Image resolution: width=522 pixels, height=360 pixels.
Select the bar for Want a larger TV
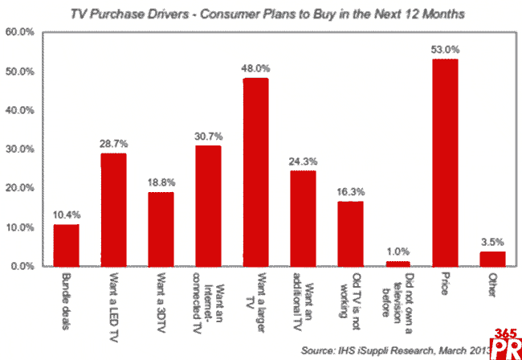tap(255, 172)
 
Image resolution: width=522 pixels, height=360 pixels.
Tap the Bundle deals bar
tap(66, 244)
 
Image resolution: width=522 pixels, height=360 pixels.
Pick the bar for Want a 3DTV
tap(161, 228)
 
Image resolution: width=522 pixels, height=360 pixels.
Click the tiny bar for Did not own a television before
tap(398, 263)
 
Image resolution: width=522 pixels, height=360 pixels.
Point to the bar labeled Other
tap(492, 258)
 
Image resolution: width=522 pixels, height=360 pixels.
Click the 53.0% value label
tap(445, 50)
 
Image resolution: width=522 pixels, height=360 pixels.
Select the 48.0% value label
tap(255, 69)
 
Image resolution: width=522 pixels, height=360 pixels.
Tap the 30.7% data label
tap(208, 137)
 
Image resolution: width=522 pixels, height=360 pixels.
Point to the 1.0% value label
tap(398, 252)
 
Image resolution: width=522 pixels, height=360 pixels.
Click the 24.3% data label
tap(303, 162)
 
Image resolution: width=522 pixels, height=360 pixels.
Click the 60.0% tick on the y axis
tap(19, 33)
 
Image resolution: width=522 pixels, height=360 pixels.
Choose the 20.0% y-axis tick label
tap(19, 188)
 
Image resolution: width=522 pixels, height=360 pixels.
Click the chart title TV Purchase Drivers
tap(261, 14)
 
